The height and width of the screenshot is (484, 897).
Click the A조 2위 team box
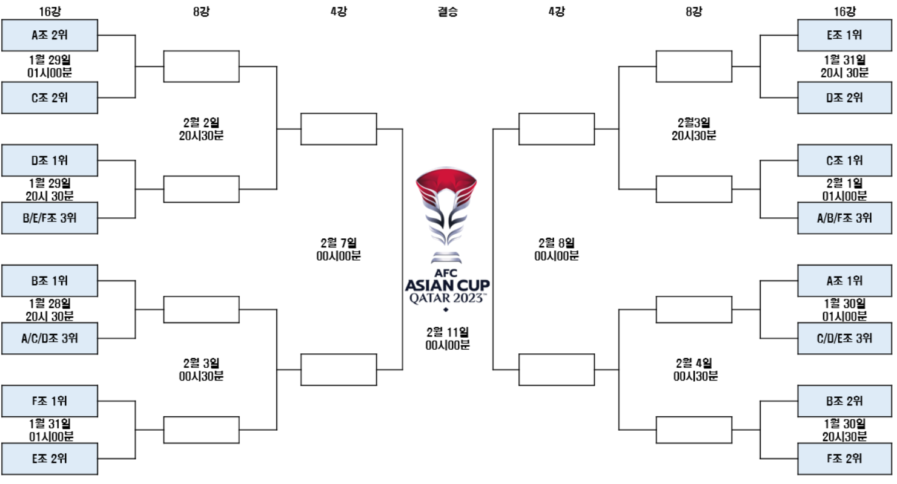click(49, 35)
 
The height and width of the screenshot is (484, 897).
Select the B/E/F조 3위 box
click(49, 218)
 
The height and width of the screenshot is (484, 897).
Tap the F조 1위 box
click(49, 401)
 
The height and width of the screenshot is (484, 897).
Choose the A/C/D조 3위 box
click(49, 338)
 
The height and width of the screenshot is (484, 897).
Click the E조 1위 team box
click(844, 35)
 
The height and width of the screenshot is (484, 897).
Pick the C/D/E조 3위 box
click(844, 338)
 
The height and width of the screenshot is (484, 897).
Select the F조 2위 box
click(844, 459)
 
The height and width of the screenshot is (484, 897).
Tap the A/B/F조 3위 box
click(844, 218)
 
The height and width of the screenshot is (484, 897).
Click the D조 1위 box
click(49, 160)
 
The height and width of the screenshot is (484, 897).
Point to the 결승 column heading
click(448, 11)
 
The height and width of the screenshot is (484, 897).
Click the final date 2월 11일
click(448, 332)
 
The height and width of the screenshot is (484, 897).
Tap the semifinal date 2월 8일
click(557, 243)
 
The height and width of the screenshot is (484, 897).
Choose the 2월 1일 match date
click(844, 183)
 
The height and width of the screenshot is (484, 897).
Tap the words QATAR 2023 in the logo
click(448, 298)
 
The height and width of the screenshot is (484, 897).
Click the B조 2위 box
click(844, 401)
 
